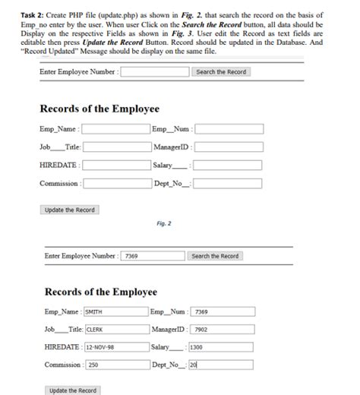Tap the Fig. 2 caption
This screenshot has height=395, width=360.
coord(163,223)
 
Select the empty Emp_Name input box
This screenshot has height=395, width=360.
coord(115,129)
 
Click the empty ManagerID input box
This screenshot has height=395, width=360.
coord(229,147)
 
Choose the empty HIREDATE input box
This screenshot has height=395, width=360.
coord(115,165)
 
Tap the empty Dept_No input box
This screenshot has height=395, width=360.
coord(229,183)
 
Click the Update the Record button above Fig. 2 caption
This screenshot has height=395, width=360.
coord(69,210)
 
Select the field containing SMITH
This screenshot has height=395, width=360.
coord(115,311)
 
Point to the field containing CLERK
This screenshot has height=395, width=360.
coord(115,330)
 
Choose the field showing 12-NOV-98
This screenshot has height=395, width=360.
coord(115,347)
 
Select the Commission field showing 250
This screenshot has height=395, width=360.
coord(115,365)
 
